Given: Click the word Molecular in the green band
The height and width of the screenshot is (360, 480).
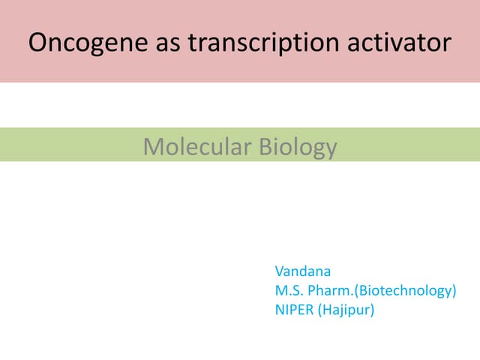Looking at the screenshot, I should tap(196, 146).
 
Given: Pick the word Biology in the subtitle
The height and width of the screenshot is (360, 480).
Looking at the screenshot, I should tap(298, 146).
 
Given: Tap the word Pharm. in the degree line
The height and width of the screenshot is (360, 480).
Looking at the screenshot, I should tap(332, 289).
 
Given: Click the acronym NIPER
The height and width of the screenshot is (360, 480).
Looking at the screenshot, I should tap(295, 308).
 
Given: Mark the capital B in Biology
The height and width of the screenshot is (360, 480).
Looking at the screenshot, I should tap(265, 146).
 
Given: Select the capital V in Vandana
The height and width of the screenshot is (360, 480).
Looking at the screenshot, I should tap(280, 271).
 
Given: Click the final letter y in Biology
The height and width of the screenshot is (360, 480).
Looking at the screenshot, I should tap(331, 148).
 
